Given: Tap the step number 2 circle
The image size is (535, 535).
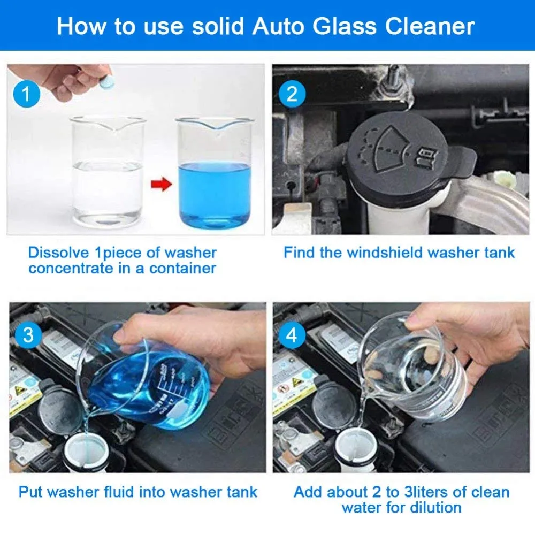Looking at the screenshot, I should (292, 94).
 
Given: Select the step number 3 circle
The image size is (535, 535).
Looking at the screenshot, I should (26, 336).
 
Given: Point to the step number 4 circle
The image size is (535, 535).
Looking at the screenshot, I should (292, 336).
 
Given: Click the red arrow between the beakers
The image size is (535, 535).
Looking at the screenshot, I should (160, 186).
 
